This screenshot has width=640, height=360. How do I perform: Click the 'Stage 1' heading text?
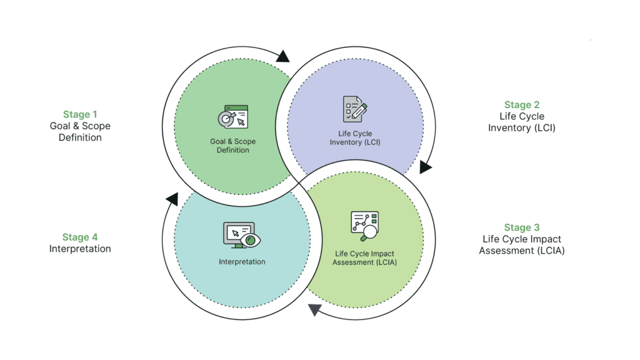pyautogui.click(x=80, y=114)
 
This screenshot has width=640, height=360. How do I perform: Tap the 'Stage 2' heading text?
pyautogui.click(x=521, y=105)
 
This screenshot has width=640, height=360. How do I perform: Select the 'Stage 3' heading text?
pyautogui.click(x=521, y=227)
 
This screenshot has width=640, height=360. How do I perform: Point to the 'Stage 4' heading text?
pyautogui.click(x=80, y=237)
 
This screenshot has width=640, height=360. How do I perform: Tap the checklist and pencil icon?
pyautogui.click(x=354, y=109)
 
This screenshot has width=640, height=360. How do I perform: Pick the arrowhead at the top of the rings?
pyautogui.click(x=282, y=56)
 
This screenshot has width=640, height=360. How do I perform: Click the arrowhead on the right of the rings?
pyautogui.click(x=426, y=167)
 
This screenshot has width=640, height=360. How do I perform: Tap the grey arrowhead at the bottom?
pyautogui.click(x=314, y=309)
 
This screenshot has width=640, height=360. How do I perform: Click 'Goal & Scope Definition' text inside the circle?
pyautogui.click(x=232, y=146)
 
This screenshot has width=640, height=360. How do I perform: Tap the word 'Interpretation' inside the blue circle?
pyautogui.click(x=242, y=262)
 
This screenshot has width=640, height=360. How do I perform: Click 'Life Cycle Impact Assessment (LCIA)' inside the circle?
pyautogui.click(x=364, y=258)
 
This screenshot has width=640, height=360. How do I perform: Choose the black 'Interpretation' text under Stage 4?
pyautogui.click(x=80, y=249)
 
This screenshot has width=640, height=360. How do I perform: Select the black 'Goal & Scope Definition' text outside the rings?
pyautogui.click(x=80, y=132)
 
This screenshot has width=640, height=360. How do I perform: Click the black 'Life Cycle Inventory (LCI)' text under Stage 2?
pyautogui.click(x=521, y=122)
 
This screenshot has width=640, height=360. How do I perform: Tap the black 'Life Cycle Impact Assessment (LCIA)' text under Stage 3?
pyautogui.click(x=521, y=245)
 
